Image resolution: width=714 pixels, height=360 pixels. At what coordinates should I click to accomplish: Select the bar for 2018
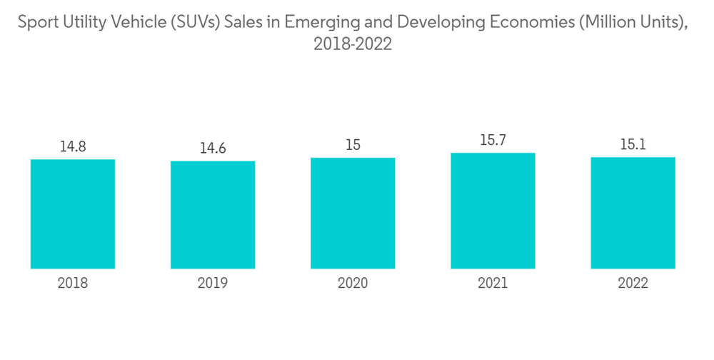point(73,214)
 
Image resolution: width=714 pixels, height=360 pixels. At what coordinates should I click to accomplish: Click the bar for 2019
point(213,214)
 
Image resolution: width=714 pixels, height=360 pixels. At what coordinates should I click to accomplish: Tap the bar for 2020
point(353,213)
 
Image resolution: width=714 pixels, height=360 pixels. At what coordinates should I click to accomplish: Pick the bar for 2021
point(493,211)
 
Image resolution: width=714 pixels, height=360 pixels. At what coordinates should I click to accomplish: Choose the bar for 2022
point(633,213)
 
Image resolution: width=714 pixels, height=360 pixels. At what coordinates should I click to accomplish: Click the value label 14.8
point(73,146)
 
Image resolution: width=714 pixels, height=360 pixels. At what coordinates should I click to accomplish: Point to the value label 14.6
point(213,149)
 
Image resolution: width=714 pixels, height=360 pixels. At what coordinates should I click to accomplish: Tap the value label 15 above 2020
point(353,145)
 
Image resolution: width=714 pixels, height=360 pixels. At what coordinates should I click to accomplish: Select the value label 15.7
point(493,141)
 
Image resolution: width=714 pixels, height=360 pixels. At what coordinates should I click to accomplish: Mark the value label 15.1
point(633,145)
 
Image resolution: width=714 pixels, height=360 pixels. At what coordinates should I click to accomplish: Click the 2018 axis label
point(73,283)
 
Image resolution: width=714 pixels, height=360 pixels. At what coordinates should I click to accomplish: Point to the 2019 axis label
point(213,283)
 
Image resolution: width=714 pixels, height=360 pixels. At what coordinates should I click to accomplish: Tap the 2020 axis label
point(353,283)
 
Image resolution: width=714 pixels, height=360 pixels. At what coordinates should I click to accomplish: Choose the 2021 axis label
point(493,283)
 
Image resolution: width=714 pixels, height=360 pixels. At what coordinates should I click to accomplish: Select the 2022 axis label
point(633,283)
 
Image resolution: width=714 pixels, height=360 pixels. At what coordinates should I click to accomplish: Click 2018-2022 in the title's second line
point(353,44)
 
